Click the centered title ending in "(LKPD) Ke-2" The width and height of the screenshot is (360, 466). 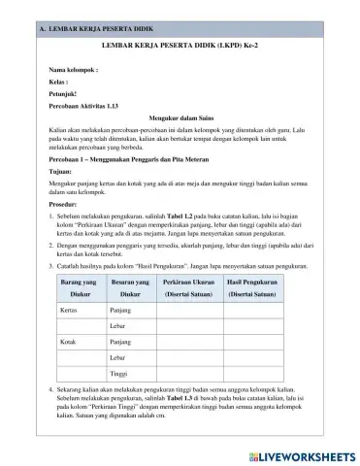pyautogui.click(x=181, y=44)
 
